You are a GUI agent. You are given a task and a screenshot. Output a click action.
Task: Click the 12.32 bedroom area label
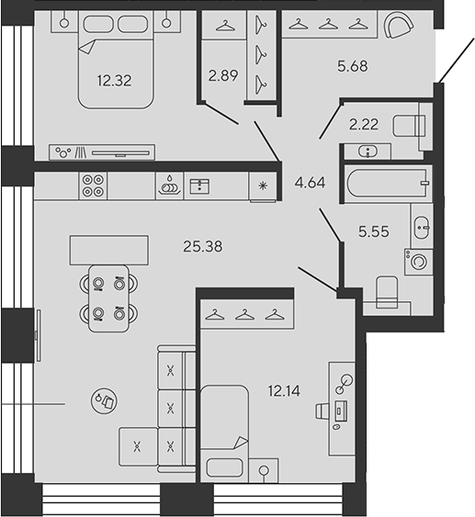(x=115, y=80)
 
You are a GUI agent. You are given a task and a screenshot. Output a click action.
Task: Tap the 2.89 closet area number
(x=224, y=76)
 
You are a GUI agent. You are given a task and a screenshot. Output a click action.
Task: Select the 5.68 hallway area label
(x=353, y=66)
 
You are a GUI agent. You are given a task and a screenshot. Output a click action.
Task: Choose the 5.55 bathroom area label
(x=373, y=232)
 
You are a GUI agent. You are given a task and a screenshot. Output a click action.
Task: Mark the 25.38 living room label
(x=203, y=245)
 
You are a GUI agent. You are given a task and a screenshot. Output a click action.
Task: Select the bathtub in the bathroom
(x=386, y=184)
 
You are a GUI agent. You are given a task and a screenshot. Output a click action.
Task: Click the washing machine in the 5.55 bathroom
(x=418, y=262)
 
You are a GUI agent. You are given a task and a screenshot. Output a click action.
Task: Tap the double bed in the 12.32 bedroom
(x=115, y=60)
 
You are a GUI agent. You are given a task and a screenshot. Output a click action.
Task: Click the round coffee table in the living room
(x=104, y=400)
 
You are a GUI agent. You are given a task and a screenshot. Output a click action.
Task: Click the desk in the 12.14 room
(x=340, y=409)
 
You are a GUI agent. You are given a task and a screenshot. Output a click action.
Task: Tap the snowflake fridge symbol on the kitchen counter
(x=264, y=186)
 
